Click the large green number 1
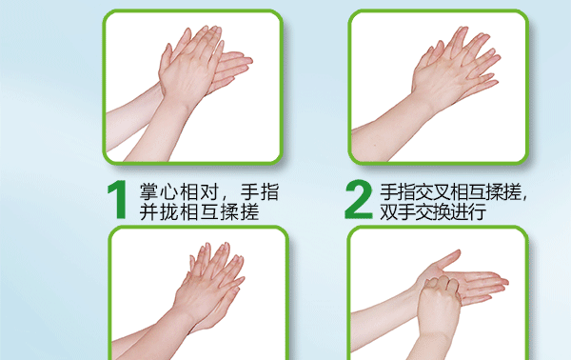(118, 200)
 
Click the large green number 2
(359, 200)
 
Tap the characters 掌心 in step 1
(158, 192)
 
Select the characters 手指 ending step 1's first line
(260, 192)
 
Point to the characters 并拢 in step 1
(158, 212)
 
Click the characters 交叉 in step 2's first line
(433, 192)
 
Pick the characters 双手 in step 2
(397, 211)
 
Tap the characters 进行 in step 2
(468, 211)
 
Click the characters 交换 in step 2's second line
(433, 211)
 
